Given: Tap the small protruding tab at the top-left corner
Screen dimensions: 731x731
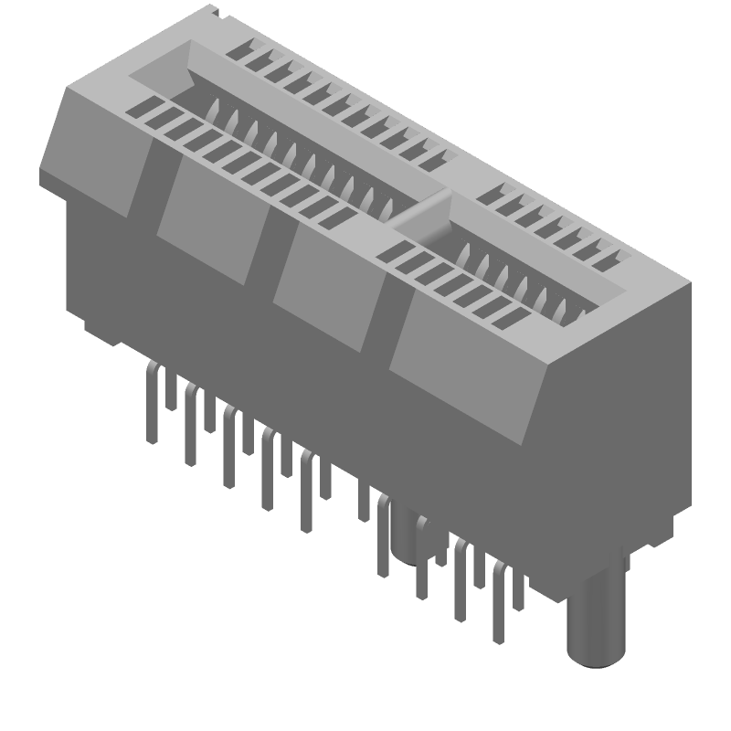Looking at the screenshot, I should (214, 12).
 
